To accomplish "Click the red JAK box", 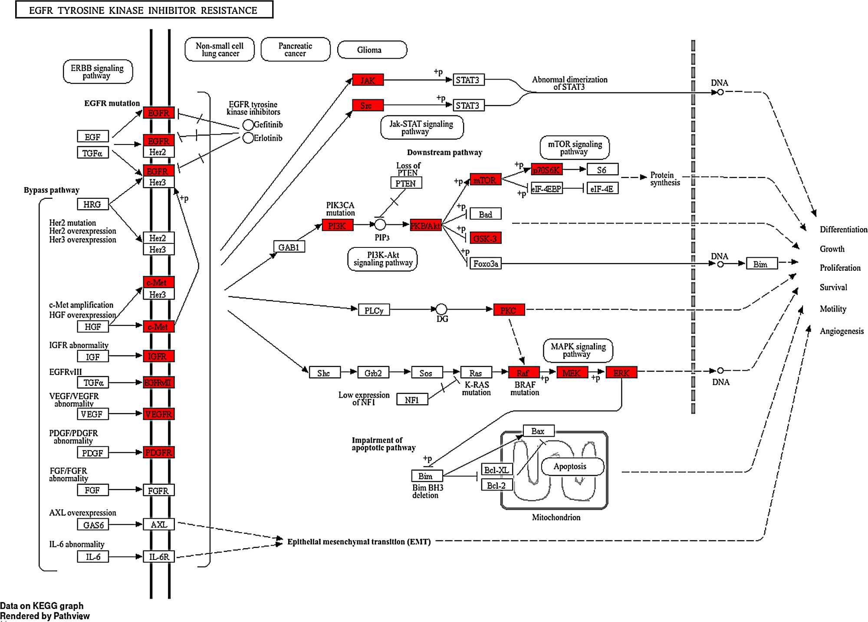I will (x=368, y=80).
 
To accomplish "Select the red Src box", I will (x=368, y=105).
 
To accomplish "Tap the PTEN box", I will (x=406, y=183).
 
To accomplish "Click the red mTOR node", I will (x=485, y=180).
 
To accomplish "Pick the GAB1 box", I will (x=289, y=247).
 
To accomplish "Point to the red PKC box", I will (x=509, y=310).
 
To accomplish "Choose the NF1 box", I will (x=412, y=400).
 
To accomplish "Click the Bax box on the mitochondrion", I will (x=538, y=431).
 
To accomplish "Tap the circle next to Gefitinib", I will (x=248, y=125).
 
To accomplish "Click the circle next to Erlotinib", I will (x=248, y=138).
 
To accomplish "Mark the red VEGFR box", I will (x=158, y=414).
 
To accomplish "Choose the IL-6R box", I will (x=158, y=556).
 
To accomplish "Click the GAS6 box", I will (x=93, y=525).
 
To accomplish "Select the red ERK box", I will (x=621, y=373).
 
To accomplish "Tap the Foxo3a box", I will (x=485, y=263).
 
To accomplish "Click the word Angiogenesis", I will (x=842, y=331).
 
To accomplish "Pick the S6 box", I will (x=602, y=170).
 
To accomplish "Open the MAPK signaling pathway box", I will (x=578, y=350).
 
